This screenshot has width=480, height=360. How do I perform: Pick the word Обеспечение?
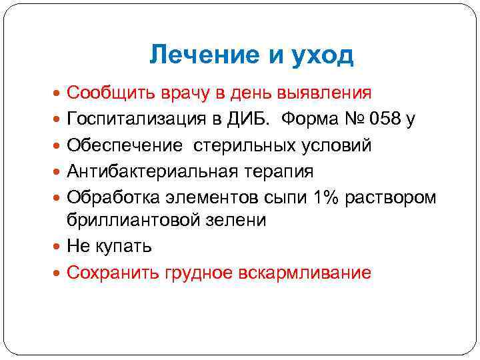coord(124,145)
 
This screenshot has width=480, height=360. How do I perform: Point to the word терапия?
coord(277,172)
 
